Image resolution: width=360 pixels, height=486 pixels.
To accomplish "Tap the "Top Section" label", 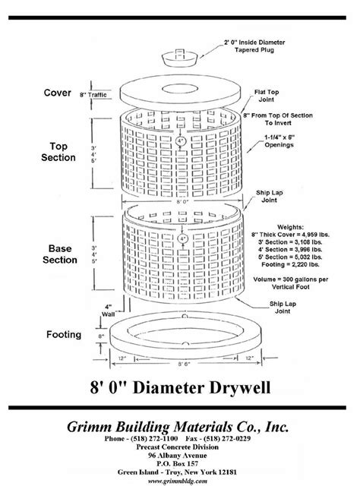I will tap(59, 150).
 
